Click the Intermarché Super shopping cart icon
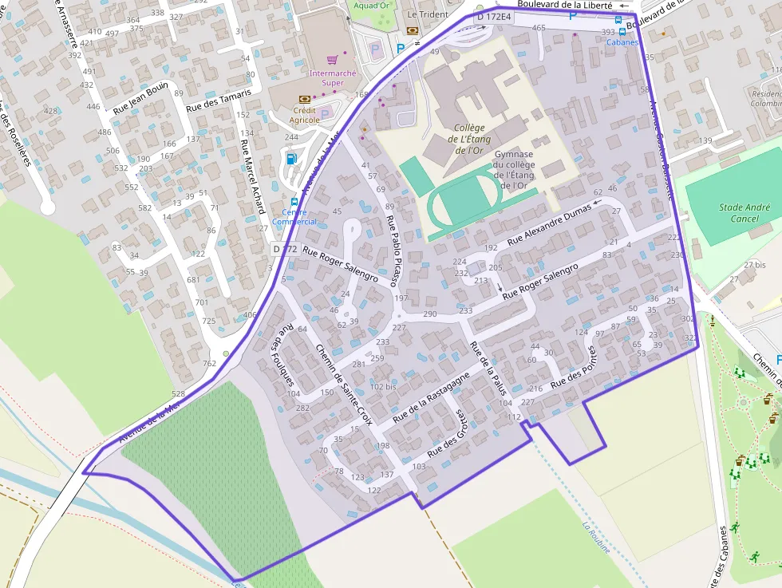coord(333,60)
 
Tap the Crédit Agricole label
coord(304,115)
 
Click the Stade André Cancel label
coord(744,213)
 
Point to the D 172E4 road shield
coord(493,17)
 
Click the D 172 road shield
coord(285,249)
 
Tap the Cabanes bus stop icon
coord(622,32)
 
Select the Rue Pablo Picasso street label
coord(395,251)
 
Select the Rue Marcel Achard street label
coord(252,176)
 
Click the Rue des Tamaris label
coord(218,100)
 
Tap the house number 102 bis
coord(383,386)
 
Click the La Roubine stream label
coord(597,538)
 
